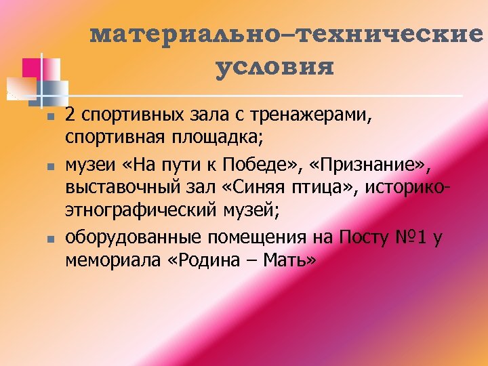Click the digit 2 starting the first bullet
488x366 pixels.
70,117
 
